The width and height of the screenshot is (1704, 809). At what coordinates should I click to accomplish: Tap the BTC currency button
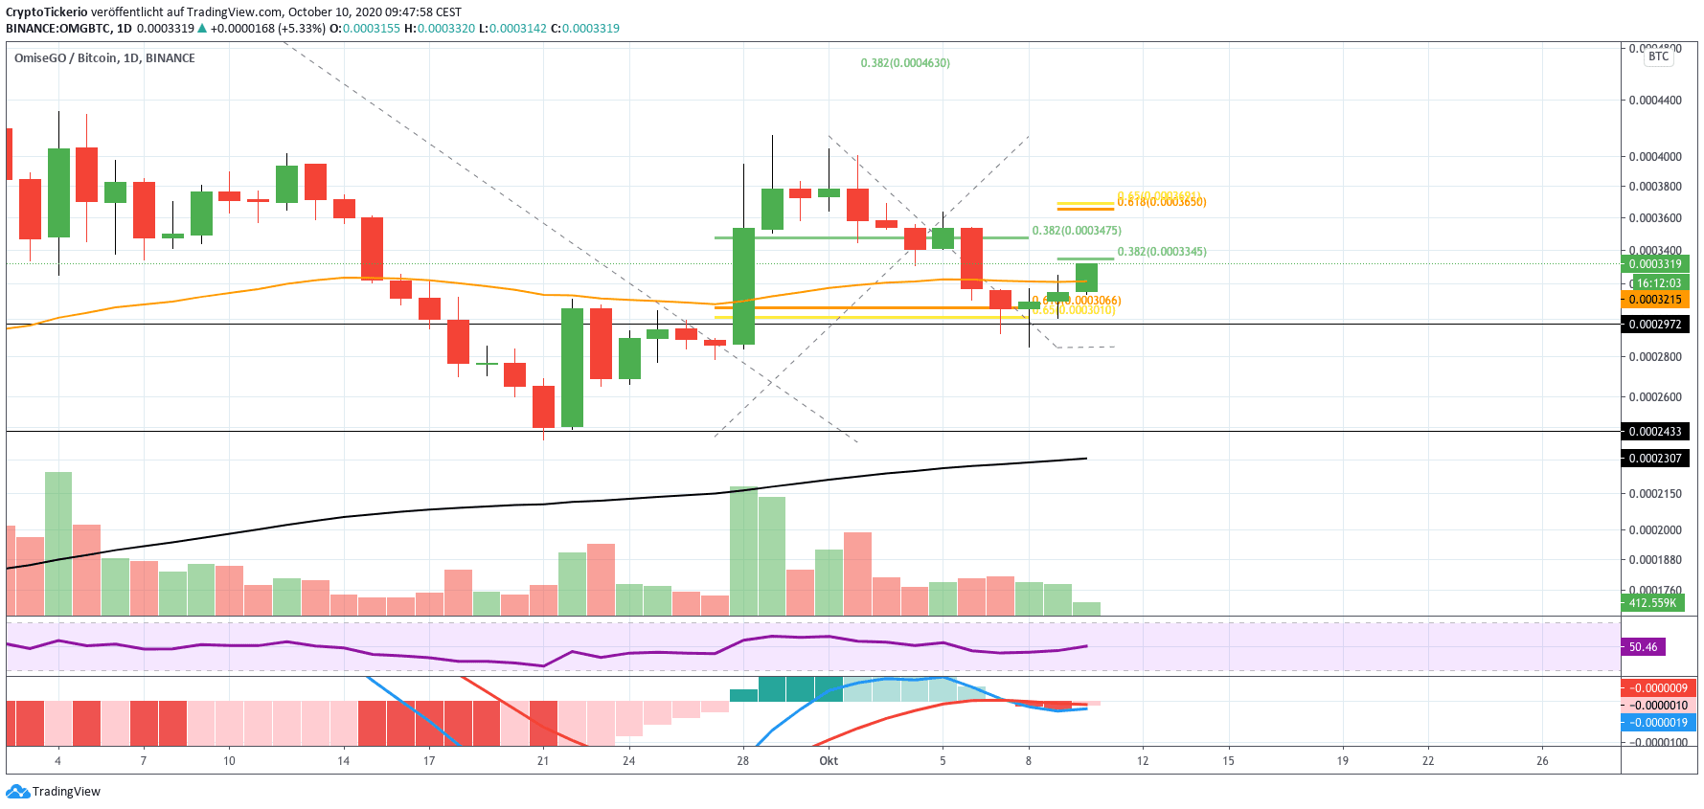(x=1658, y=56)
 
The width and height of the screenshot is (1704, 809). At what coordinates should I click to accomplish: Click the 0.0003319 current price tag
(x=1655, y=264)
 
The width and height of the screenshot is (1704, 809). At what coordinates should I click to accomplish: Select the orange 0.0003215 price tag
(x=1655, y=300)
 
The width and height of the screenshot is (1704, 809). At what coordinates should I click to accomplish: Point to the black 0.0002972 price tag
(x=1655, y=325)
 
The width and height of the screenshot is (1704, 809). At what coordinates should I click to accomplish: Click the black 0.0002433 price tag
(x=1655, y=432)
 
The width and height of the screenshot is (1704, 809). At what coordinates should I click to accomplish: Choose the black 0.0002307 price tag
(x=1655, y=459)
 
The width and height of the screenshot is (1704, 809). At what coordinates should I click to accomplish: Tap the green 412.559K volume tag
(x=1652, y=603)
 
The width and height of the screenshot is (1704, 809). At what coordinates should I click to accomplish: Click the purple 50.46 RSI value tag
(x=1644, y=647)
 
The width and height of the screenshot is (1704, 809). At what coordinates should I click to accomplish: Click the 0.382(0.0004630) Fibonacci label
(x=905, y=63)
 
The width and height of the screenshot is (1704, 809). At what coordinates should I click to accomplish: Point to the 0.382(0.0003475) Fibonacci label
(x=1076, y=231)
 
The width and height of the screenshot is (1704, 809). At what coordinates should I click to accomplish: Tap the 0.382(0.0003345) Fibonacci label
(x=1162, y=252)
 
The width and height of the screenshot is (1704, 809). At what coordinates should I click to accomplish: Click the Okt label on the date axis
(x=829, y=761)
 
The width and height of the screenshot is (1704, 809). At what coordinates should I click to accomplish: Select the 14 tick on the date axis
(x=343, y=761)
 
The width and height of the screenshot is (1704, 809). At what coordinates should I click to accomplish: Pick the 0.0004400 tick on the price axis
(x=1655, y=101)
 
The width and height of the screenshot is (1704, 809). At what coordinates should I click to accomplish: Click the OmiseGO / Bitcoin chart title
(x=104, y=58)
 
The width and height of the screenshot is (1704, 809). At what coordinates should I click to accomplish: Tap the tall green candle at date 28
(x=743, y=286)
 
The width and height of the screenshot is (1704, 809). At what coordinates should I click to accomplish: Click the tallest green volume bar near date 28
(x=743, y=551)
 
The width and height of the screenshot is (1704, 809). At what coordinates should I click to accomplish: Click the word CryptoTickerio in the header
(x=46, y=12)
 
